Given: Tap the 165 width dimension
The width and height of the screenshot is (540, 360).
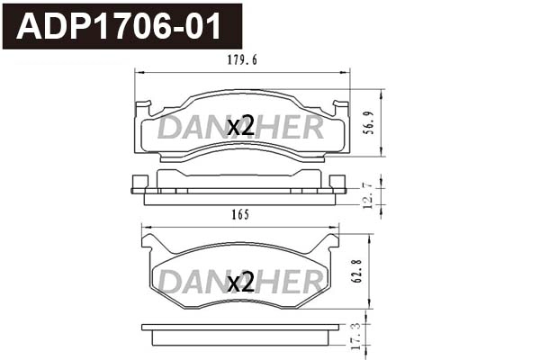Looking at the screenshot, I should (x=238, y=215).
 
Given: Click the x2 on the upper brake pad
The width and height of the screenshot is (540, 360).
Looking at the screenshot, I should (x=240, y=127).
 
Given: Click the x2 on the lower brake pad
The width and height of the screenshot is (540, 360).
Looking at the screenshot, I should (x=240, y=283).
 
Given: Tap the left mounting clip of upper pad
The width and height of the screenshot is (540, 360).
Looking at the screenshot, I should (x=142, y=110).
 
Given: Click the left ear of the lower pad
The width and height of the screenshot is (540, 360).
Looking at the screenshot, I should (x=151, y=241).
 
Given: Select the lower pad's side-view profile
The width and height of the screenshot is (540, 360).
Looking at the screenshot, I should (x=238, y=335).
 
